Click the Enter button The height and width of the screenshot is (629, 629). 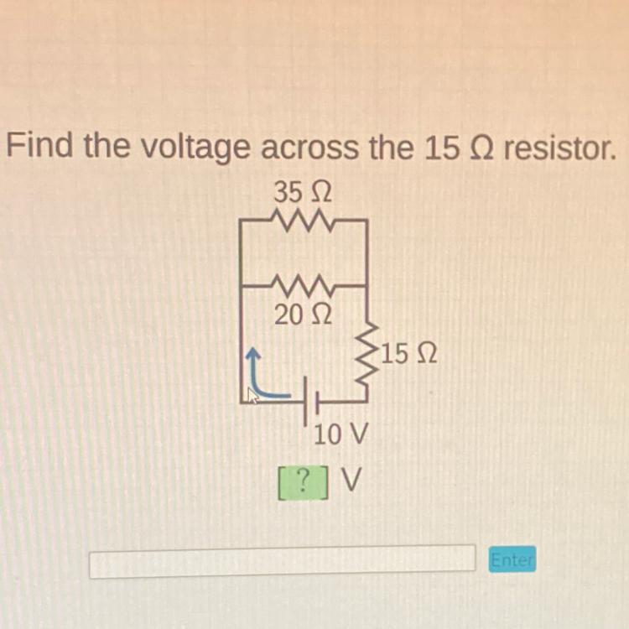pyautogui.click(x=512, y=559)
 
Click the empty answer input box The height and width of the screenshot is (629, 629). pyautogui.click(x=282, y=561)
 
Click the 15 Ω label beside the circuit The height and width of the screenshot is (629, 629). pyautogui.click(x=409, y=355)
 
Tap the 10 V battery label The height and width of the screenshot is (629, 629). pyautogui.click(x=340, y=434)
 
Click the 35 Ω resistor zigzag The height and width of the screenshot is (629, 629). pyautogui.click(x=303, y=221)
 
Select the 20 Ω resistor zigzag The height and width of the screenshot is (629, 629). pyautogui.click(x=303, y=287)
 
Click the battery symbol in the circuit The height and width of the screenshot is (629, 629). pyautogui.click(x=309, y=403)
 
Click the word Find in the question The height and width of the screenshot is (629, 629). pyautogui.click(x=41, y=148)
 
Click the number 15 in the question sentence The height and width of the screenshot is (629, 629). pyautogui.click(x=442, y=148)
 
